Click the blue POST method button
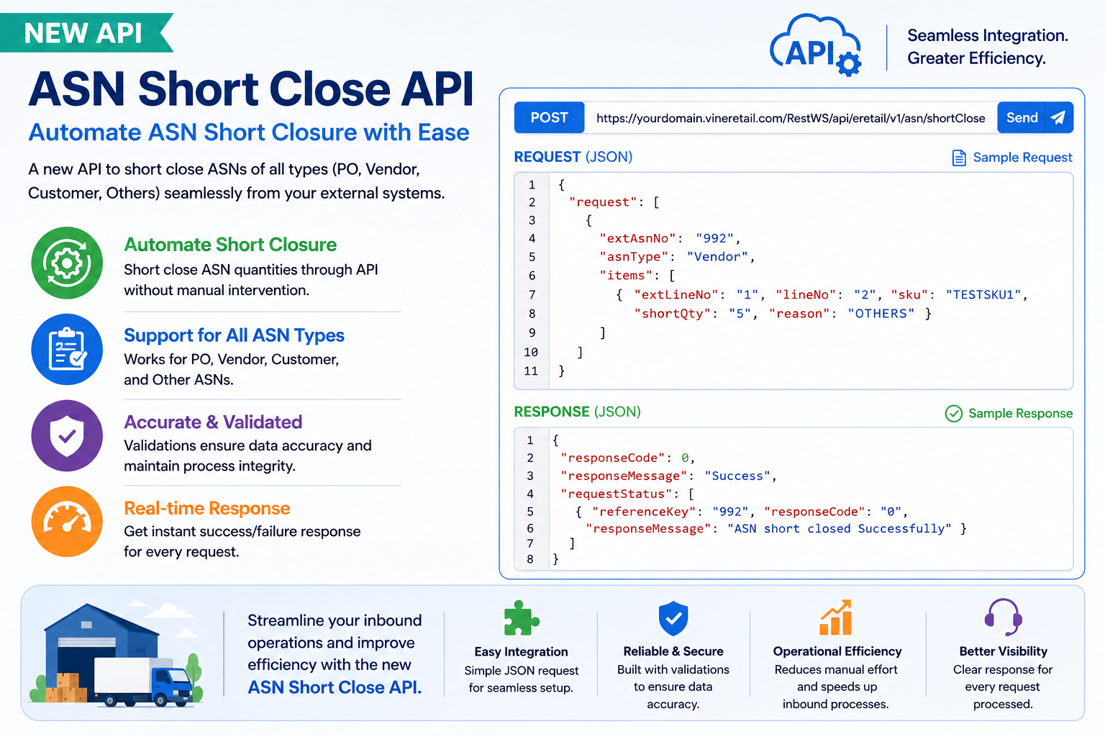pyautogui.click(x=549, y=117)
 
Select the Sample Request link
pyautogui.click(x=1011, y=158)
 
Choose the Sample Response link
pyautogui.click(x=1009, y=413)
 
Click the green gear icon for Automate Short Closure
pyautogui.click(x=67, y=263)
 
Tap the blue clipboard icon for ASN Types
pyautogui.click(x=67, y=349)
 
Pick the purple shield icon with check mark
pyautogui.click(x=67, y=435)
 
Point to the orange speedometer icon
pyautogui.click(x=67, y=522)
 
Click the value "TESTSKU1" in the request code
pyautogui.click(x=983, y=294)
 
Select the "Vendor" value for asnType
pyautogui.click(x=718, y=257)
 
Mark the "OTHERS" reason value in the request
pyautogui.click(x=881, y=314)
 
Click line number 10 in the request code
pyautogui.click(x=531, y=352)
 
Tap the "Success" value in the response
pyautogui.click(x=737, y=476)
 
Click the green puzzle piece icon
pyautogui.click(x=521, y=618)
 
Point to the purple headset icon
pyautogui.click(x=1003, y=617)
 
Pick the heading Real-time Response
pyautogui.click(x=207, y=508)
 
